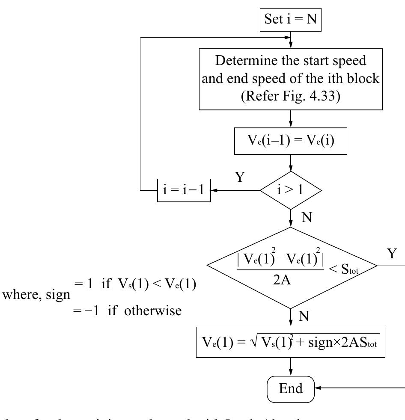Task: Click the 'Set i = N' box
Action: coord(291,20)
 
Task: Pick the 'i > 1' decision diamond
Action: coord(291,190)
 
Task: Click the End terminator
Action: coord(291,388)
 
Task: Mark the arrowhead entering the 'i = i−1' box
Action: coord(215,190)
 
